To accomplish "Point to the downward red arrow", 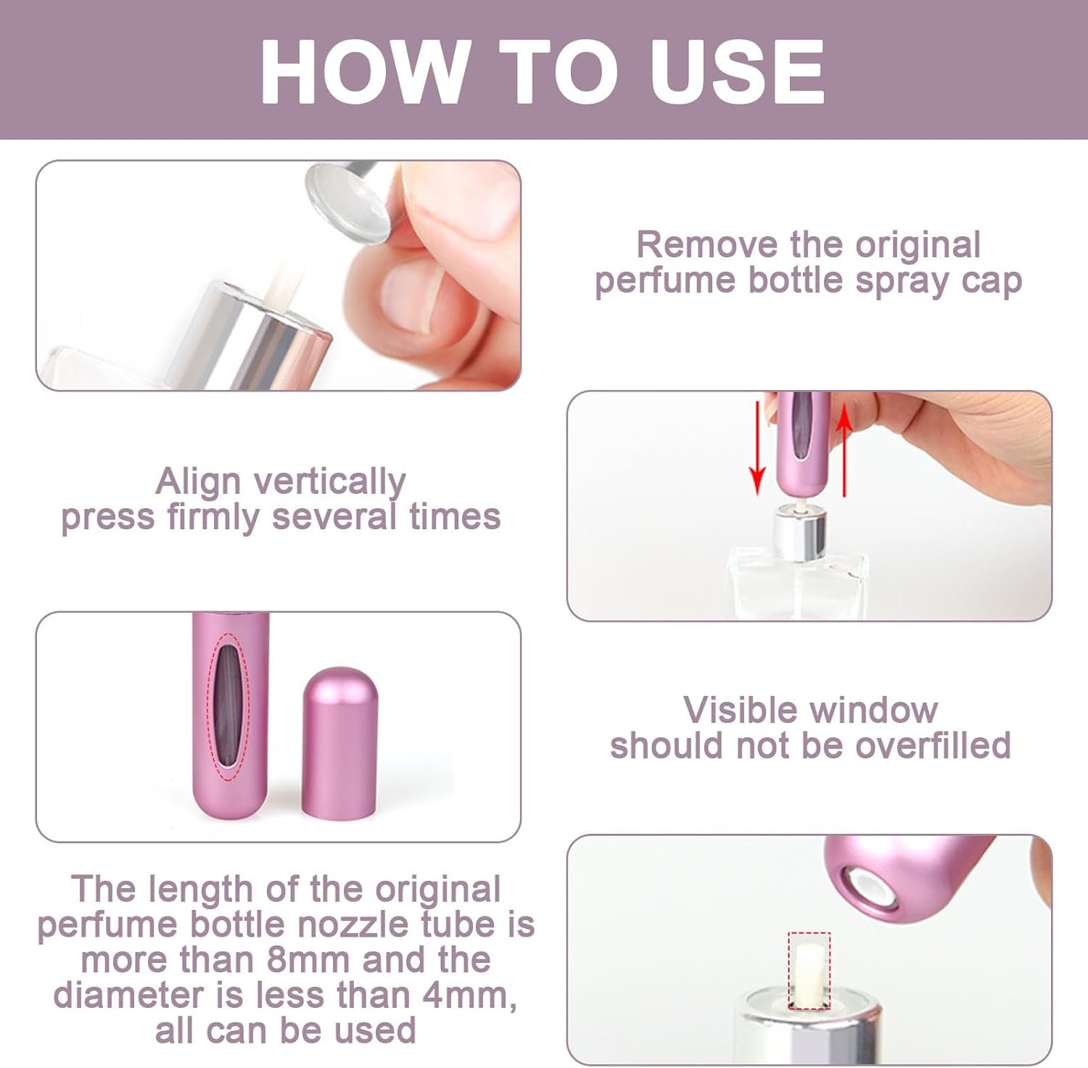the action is (757, 445).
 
